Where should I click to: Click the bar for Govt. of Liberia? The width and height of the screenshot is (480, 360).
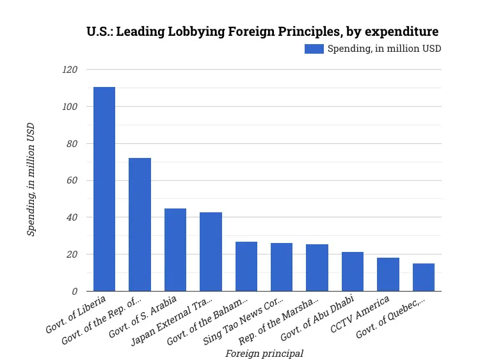(x=104, y=189)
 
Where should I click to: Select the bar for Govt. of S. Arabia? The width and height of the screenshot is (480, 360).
(x=175, y=249)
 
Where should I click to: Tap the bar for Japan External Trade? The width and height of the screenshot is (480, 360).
(x=211, y=251)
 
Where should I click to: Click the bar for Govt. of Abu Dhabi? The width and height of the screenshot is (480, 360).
(x=353, y=271)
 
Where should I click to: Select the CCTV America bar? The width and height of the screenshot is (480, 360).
(x=388, y=274)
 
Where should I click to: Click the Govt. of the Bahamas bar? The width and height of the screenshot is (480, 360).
(x=246, y=266)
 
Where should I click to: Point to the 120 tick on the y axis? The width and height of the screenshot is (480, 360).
(x=68, y=70)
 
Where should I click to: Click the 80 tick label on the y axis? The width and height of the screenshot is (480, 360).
(x=71, y=144)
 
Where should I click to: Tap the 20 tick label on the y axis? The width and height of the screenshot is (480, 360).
(x=71, y=254)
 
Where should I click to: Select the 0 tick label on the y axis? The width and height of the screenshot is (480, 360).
(x=74, y=291)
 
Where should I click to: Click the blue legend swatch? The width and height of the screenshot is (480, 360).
(x=314, y=49)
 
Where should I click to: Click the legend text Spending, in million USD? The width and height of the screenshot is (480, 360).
(x=384, y=49)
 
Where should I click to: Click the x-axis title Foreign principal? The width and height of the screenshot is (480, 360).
(x=264, y=353)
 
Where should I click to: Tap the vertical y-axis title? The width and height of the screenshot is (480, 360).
(x=31, y=180)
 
